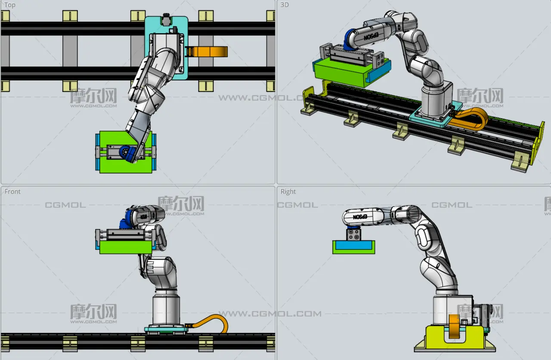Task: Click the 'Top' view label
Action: click(10, 5)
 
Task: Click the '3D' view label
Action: click(285, 5)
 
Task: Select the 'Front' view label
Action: click(12, 191)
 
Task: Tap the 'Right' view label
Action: click(288, 191)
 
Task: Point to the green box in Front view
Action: click(126, 247)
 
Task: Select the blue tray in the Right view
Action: click(354, 245)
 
